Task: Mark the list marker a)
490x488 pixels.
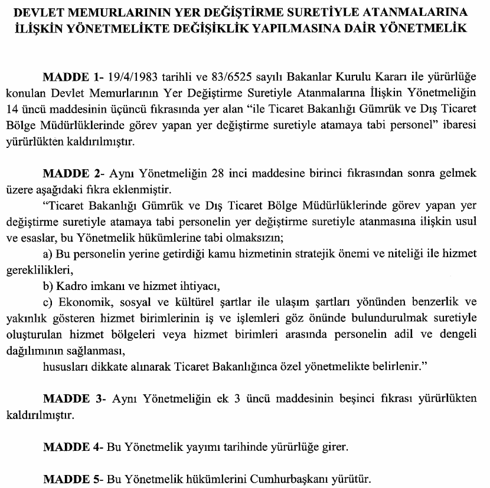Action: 50,254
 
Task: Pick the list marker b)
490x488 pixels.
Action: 50,287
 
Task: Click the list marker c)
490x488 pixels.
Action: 50,303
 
